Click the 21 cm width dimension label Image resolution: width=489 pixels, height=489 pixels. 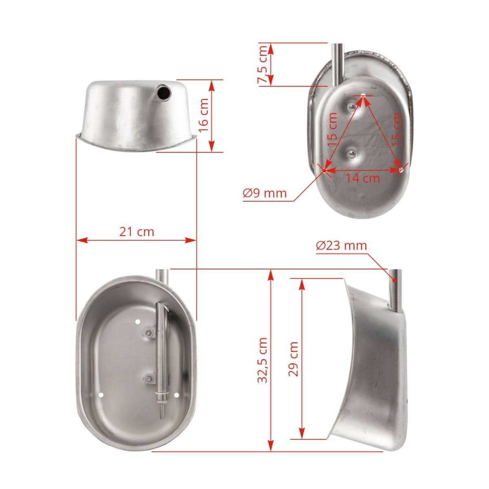137,231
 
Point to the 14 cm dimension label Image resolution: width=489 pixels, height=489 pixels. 363,178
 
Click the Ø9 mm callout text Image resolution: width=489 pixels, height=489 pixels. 265,193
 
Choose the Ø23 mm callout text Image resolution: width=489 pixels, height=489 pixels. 341,246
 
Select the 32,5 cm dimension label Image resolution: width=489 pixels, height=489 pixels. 263,360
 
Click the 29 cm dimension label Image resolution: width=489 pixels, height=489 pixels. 293,359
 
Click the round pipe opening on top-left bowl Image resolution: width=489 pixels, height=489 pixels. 164,93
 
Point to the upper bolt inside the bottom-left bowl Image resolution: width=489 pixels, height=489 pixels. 148,333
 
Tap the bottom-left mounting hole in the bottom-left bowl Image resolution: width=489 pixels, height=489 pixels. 101,395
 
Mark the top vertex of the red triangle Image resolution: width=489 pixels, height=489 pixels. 363,96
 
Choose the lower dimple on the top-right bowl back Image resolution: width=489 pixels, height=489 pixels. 350,153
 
